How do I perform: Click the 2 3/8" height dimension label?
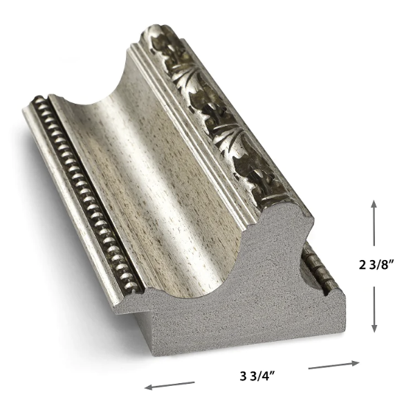376,265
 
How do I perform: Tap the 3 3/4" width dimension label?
257,376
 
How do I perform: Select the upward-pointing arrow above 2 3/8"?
374,223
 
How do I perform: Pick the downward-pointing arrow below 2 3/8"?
374,309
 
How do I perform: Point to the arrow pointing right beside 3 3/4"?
334,365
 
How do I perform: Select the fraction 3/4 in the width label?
259,376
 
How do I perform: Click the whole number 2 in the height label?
362,266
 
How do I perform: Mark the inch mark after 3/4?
272,373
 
